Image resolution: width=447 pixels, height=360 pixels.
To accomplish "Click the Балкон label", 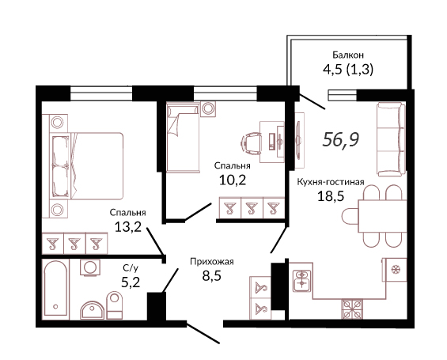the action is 348,55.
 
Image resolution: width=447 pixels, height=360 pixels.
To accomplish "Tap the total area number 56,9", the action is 341,140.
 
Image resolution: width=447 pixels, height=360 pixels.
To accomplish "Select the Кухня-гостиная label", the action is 331,182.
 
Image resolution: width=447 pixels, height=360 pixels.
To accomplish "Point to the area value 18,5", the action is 331,196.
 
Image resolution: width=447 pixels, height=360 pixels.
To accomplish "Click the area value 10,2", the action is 233,180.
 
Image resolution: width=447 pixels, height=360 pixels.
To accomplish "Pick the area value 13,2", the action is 128,226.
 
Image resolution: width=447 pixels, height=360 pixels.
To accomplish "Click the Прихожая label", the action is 212,262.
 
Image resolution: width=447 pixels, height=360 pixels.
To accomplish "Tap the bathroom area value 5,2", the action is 131,282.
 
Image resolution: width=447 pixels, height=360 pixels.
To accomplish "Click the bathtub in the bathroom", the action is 55,288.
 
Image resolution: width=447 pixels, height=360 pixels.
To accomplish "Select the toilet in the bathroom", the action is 114,305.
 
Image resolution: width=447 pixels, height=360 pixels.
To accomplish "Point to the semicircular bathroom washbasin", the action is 92,310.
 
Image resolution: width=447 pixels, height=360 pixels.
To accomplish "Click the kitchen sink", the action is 301,280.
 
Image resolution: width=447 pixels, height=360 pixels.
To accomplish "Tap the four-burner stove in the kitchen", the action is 352,309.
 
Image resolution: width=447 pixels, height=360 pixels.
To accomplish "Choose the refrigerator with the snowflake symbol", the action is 395,270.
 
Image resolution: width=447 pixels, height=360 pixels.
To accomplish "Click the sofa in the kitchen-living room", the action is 391,139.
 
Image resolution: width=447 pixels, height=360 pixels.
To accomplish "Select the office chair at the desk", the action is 251,142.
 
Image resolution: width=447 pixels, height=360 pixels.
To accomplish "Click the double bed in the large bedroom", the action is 87,166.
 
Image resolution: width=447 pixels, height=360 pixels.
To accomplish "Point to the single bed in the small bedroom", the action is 183,138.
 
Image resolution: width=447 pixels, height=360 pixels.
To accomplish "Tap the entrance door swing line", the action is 203,332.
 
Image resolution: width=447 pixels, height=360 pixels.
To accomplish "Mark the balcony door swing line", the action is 312,101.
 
